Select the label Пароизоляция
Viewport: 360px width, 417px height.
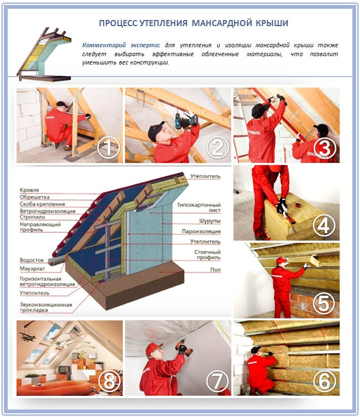coord(201,230)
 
